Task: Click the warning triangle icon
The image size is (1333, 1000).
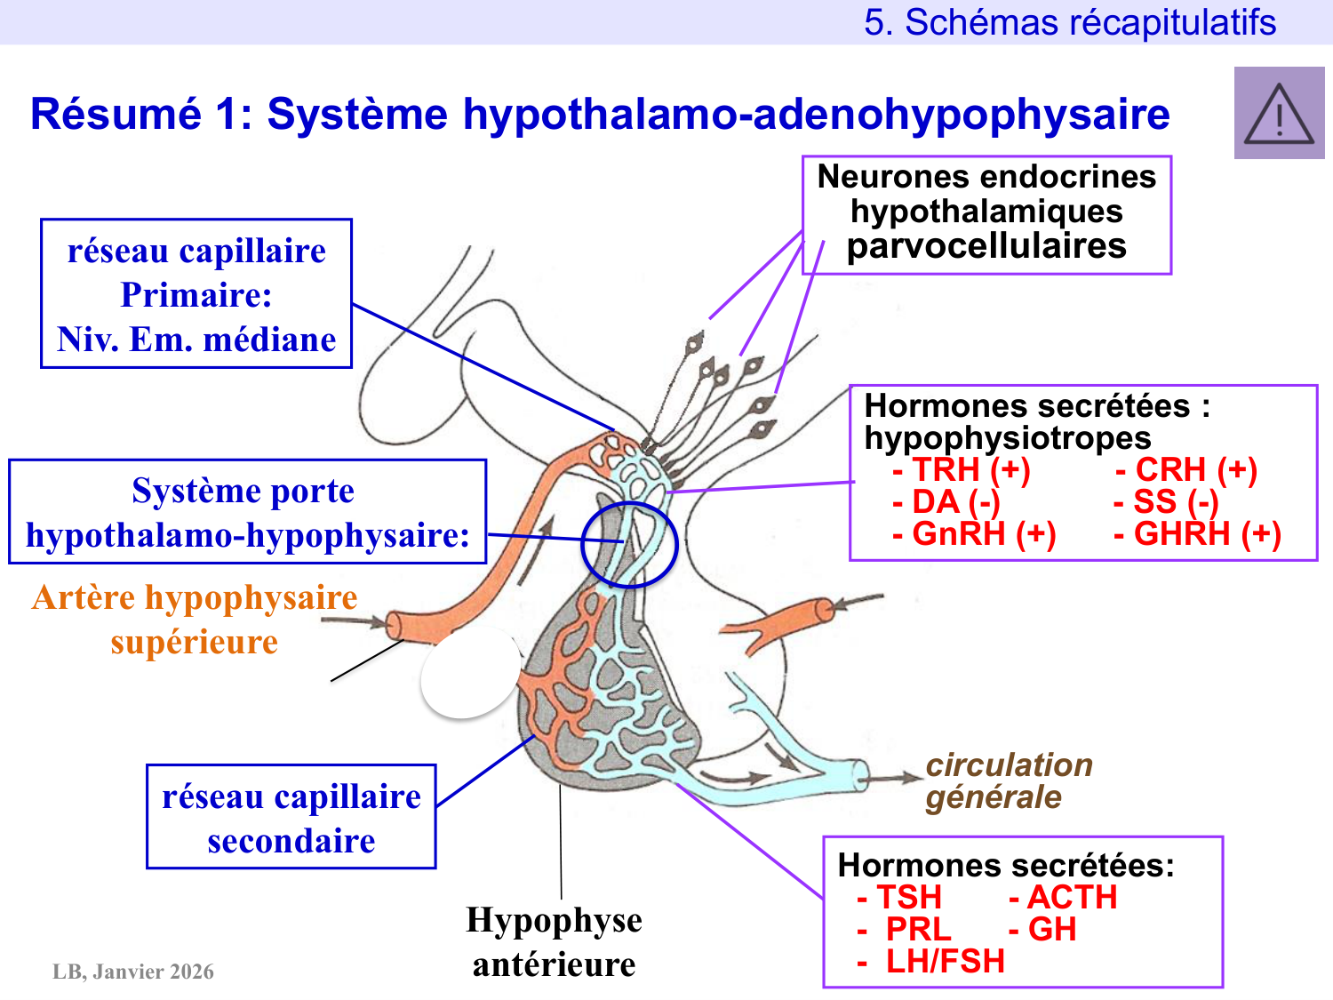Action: tap(1279, 114)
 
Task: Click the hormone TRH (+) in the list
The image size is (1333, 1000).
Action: tap(962, 469)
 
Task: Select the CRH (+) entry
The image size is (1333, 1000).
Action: tap(1186, 469)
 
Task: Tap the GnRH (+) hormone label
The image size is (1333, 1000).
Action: tap(975, 534)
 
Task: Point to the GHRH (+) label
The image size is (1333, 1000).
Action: tap(1197, 534)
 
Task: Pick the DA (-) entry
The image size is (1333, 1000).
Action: tap(947, 502)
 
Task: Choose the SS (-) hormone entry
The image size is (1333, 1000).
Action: tap(1166, 502)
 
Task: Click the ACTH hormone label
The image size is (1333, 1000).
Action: tap(1063, 897)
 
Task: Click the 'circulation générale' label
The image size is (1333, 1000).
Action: tap(1009, 780)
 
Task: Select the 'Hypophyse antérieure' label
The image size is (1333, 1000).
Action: tap(554, 942)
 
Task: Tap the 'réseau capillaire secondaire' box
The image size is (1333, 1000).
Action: tap(291, 818)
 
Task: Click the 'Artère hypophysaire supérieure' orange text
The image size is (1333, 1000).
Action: tap(195, 620)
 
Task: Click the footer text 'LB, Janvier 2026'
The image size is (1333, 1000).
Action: tap(133, 972)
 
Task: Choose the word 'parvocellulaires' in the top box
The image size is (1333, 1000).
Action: tap(986, 246)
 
